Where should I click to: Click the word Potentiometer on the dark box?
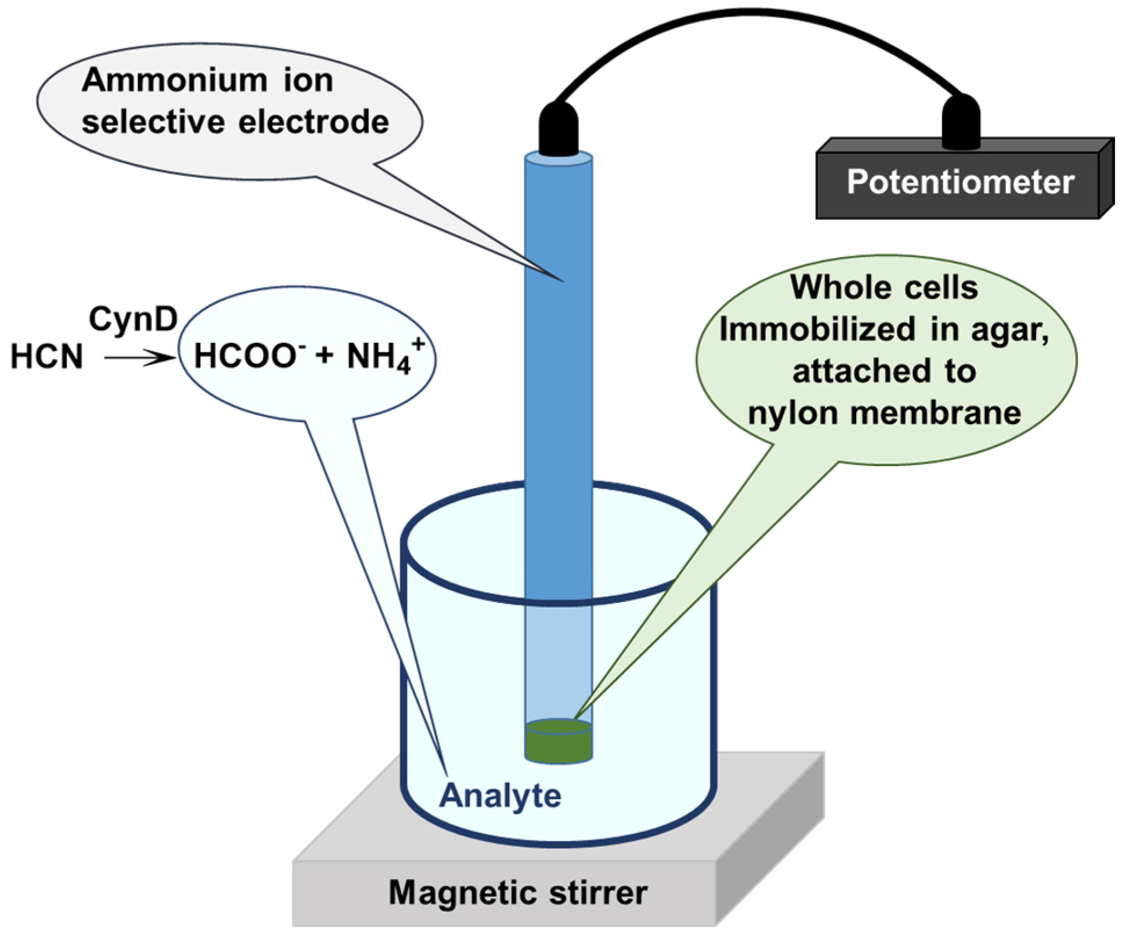(x=960, y=182)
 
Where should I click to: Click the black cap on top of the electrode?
(x=559, y=129)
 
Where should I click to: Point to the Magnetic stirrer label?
(x=517, y=893)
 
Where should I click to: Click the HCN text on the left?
(x=47, y=356)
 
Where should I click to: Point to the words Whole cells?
(x=884, y=288)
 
